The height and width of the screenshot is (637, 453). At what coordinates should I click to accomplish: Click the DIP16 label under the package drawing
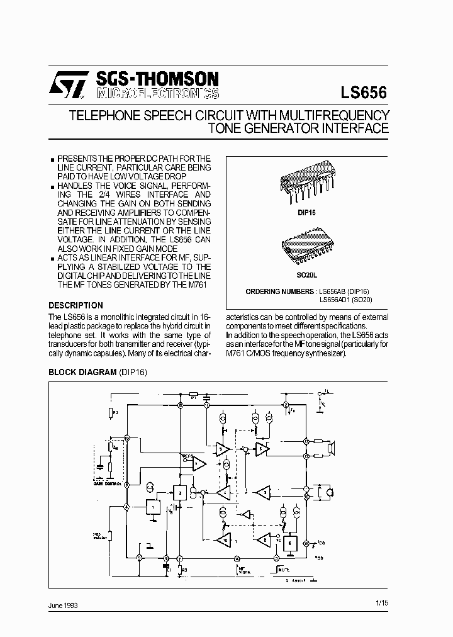(306, 213)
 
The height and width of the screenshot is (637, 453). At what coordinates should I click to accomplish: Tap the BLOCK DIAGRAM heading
(82, 373)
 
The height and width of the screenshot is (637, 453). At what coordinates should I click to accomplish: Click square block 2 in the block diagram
(181, 493)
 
